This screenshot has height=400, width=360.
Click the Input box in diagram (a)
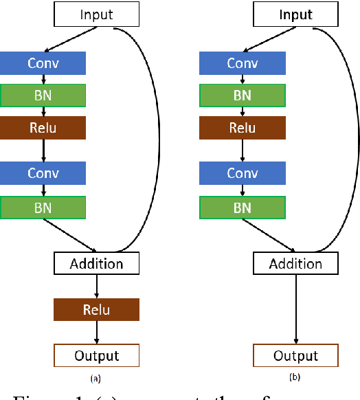tap(96, 14)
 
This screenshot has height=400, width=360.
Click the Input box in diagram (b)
tap(295, 14)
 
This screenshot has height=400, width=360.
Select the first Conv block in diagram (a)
tap(43, 63)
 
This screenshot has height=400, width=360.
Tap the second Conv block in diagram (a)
tap(43, 173)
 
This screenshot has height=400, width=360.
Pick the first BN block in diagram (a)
tap(43, 96)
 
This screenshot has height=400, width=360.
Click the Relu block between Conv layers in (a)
tap(43, 128)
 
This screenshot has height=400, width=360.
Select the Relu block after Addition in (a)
tap(96, 309)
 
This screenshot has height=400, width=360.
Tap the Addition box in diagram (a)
tap(96, 263)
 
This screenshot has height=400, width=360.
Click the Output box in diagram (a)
tap(96, 355)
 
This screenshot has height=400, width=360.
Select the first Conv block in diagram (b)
tap(242, 63)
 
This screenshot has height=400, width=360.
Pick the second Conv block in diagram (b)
tap(242, 173)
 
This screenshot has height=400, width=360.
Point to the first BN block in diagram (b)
tap(242, 96)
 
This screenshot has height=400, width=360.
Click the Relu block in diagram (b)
tap(242, 128)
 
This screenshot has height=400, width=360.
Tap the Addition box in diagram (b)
tap(295, 263)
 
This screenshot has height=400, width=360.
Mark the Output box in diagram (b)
tap(295, 355)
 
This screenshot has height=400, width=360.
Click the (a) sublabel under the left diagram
tap(96, 377)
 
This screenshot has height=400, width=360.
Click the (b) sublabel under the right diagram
tap(295, 377)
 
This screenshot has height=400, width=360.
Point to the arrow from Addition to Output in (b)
tap(295, 309)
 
